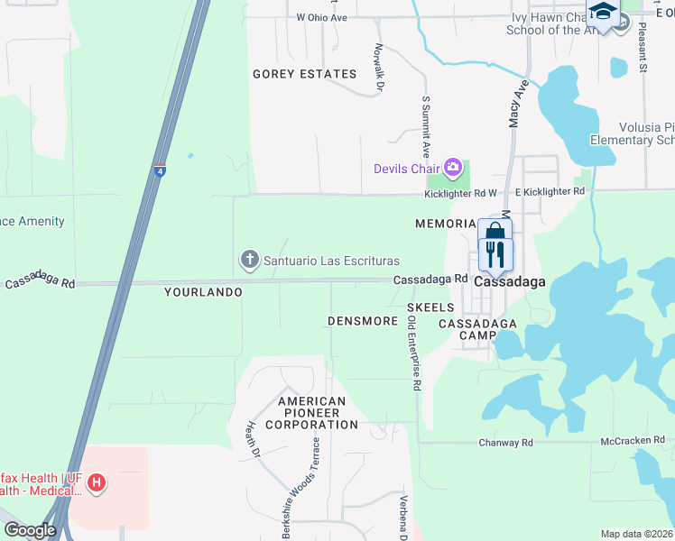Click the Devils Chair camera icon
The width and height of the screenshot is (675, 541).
[x=453, y=167]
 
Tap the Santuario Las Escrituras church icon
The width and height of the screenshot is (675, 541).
[x=250, y=261]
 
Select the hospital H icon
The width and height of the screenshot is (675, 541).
[x=97, y=485]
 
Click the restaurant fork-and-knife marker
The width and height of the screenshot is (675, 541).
[x=495, y=254]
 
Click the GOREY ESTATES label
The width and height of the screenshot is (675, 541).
[x=304, y=74]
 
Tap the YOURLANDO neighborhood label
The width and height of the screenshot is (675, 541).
[x=203, y=292]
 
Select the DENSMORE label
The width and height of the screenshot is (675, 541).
[x=363, y=321]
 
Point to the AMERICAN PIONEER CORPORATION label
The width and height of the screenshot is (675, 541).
[x=318, y=413]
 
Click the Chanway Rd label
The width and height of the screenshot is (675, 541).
[x=505, y=443]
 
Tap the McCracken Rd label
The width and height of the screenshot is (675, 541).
[x=631, y=442]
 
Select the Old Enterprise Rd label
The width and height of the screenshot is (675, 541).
[x=414, y=353]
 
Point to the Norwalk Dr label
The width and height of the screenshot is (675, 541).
[x=379, y=69]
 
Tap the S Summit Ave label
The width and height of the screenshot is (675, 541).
[x=424, y=128]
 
